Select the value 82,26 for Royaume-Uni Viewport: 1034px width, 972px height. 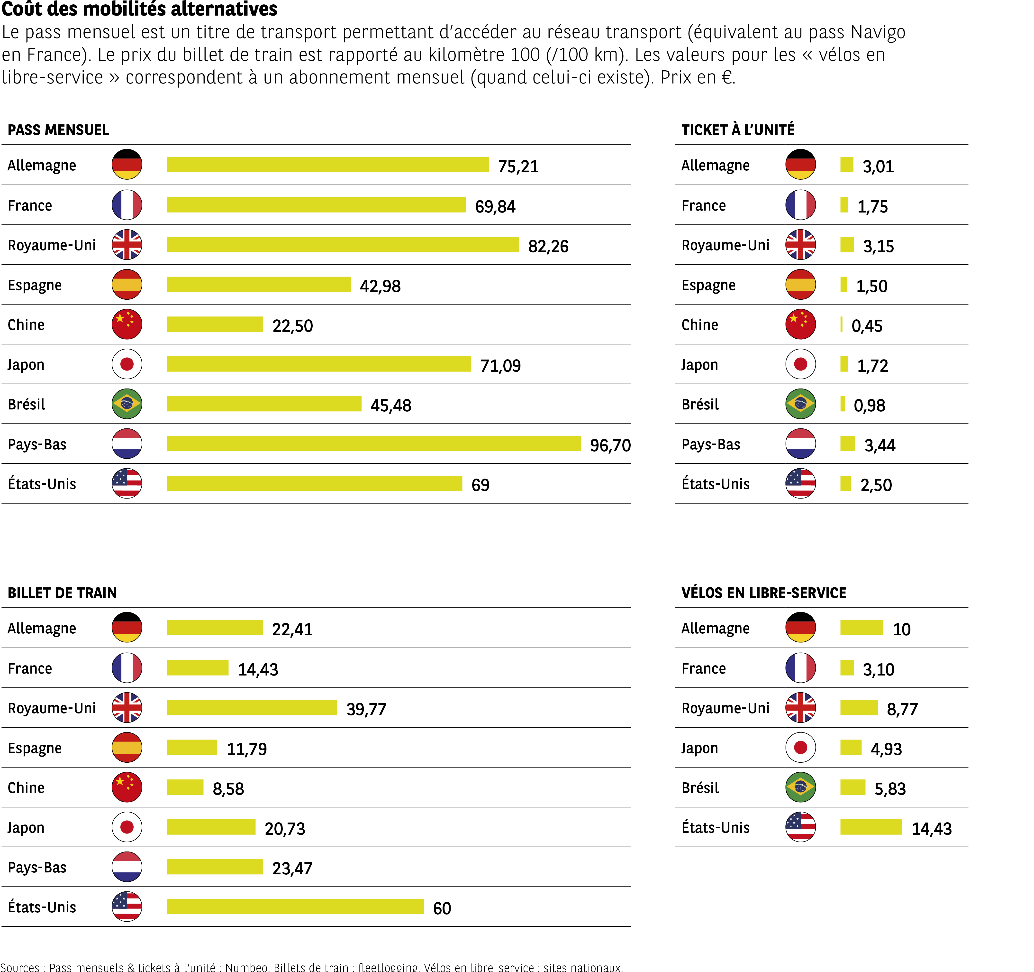[548, 246]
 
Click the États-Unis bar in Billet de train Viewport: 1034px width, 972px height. [295, 907]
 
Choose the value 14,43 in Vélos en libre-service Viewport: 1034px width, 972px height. [931, 828]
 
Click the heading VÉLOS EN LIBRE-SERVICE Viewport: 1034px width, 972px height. [763, 593]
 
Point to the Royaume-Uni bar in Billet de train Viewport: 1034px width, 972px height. [252, 708]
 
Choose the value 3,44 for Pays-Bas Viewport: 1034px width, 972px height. [880, 445]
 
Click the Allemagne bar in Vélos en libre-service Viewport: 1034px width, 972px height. [861, 628]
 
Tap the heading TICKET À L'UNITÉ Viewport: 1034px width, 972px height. [737, 130]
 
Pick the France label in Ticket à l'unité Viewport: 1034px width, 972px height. [703, 205]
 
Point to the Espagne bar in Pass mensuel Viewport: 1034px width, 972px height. [258, 285]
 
